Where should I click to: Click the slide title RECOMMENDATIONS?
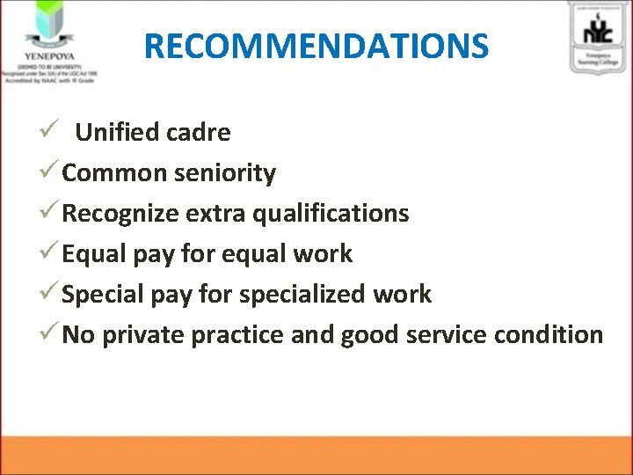(x=316, y=45)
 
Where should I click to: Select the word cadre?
(x=202, y=133)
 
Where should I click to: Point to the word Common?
(x=114, y=173)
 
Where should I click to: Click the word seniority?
(x=225, y=173)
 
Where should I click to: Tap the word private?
(x=143, y=335)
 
